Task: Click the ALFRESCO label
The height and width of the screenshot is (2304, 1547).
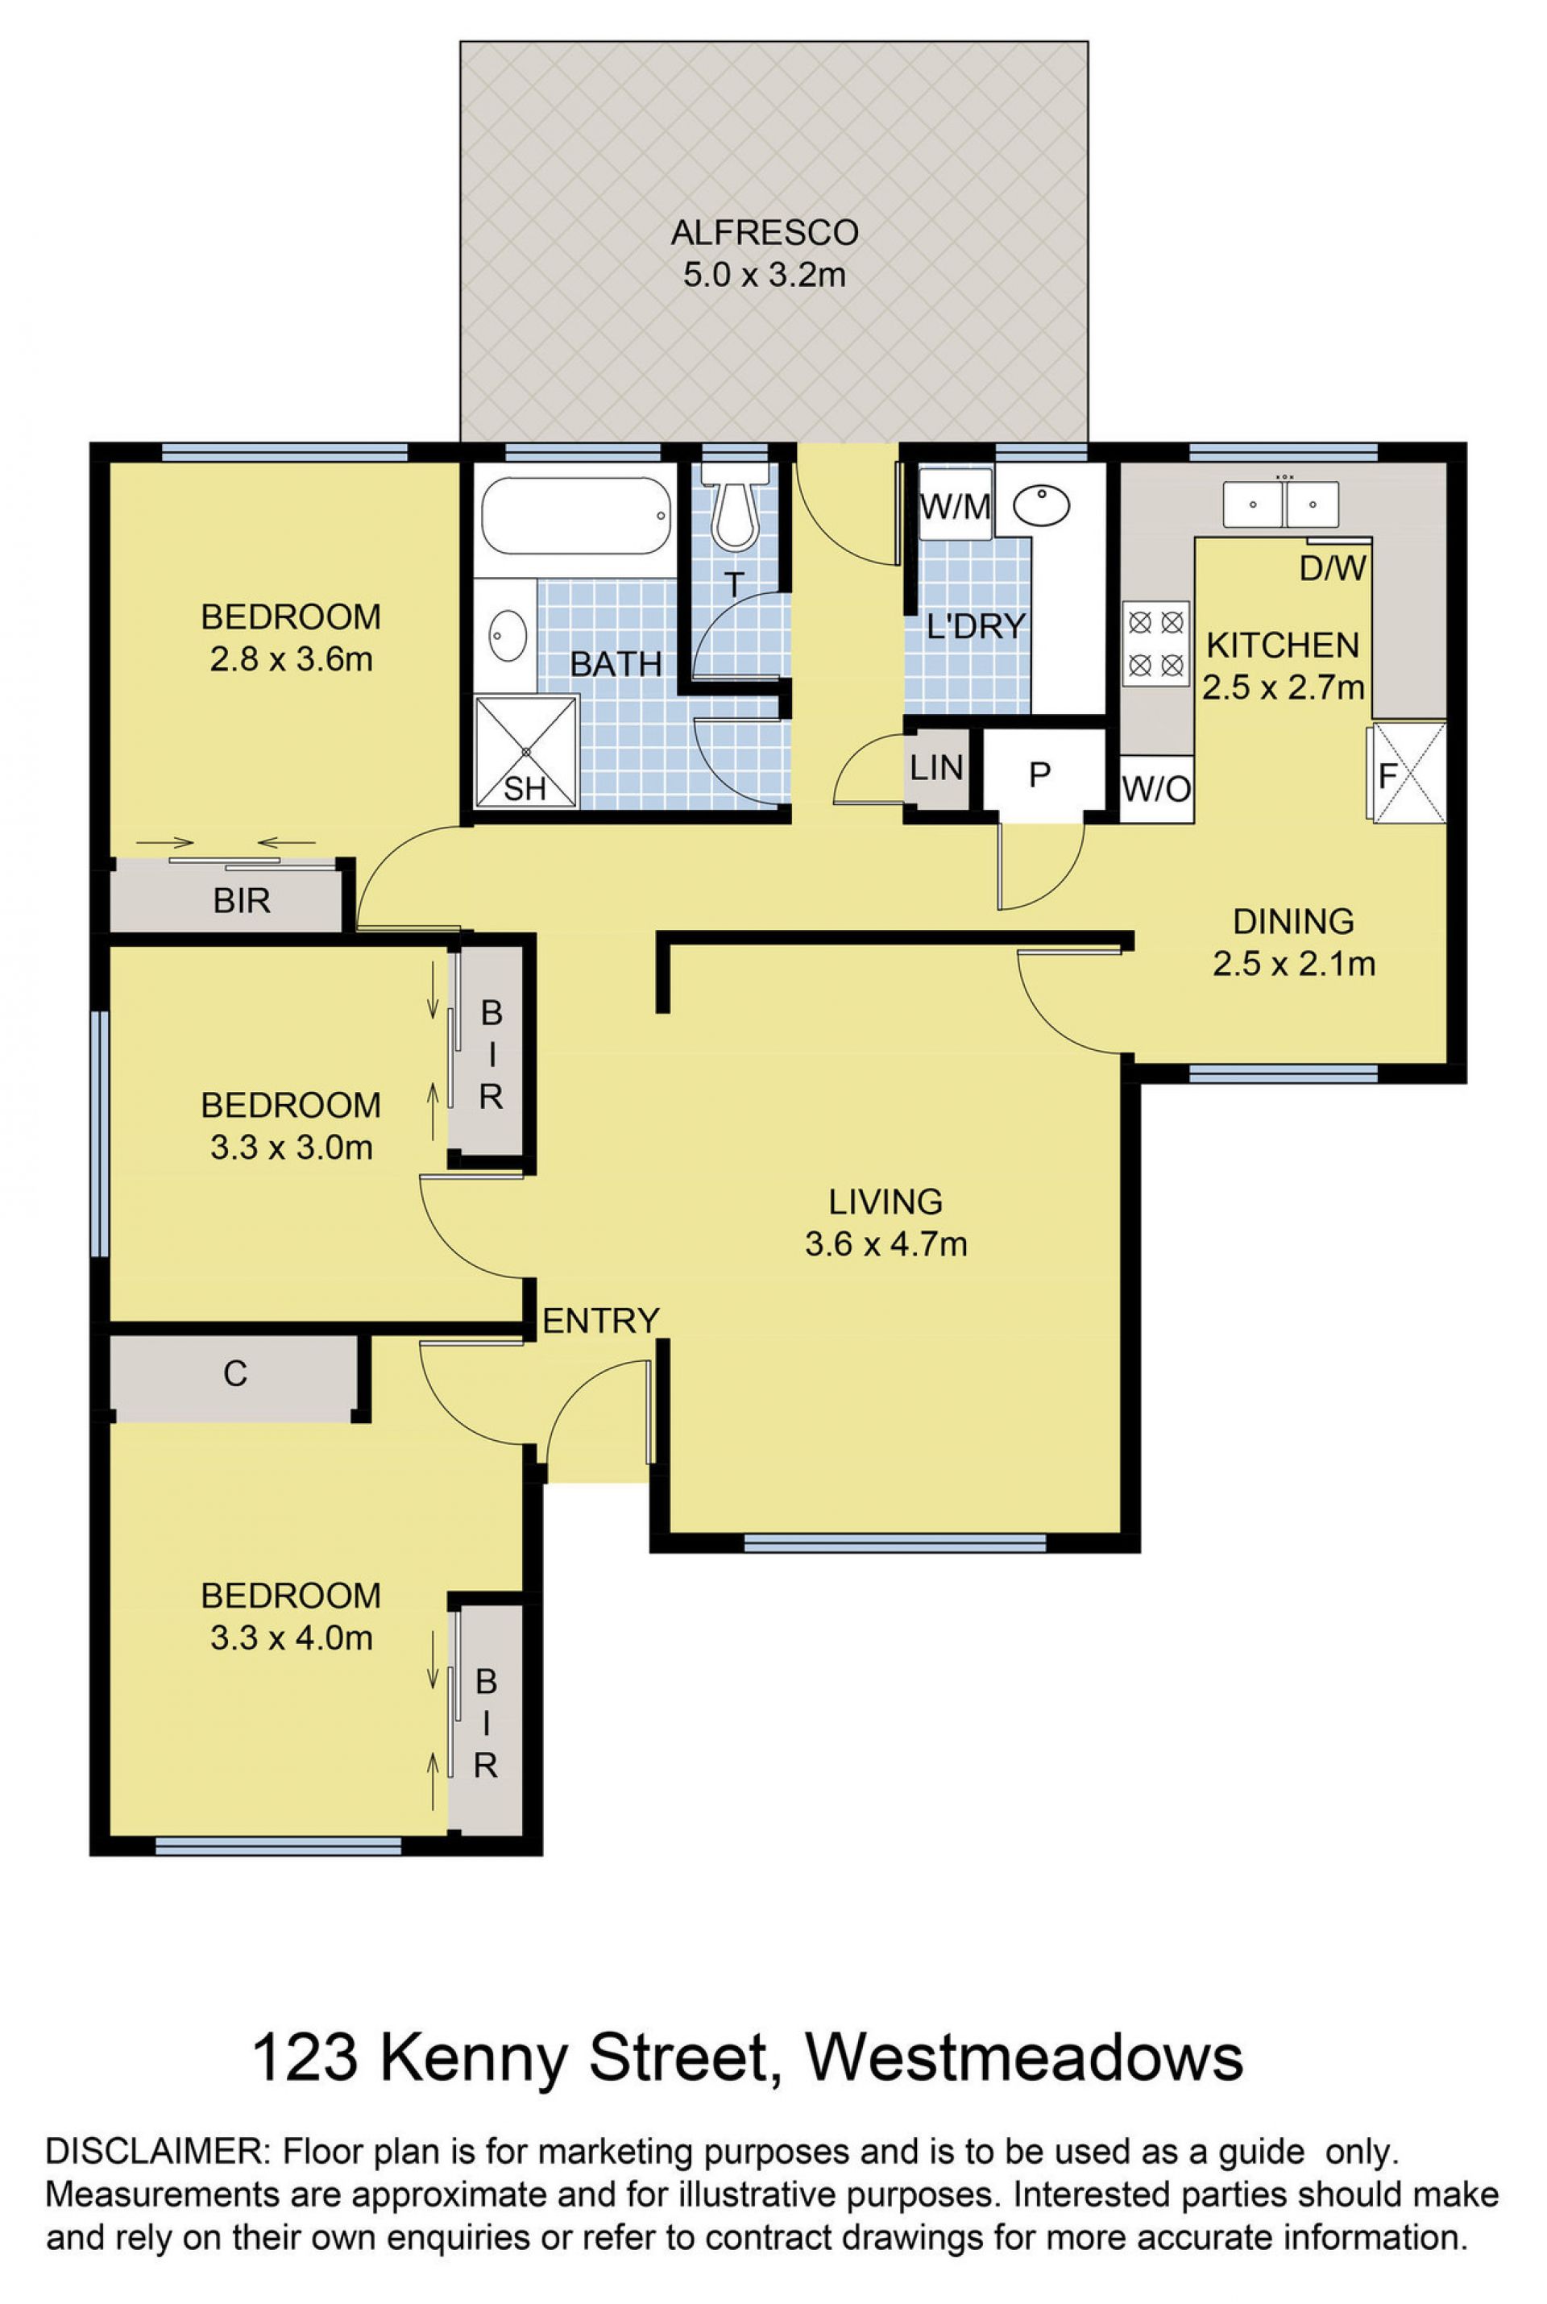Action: coord(765,233)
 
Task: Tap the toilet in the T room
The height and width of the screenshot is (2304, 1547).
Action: coord(734,507)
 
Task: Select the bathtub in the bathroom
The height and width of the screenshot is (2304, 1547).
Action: coord(576,516)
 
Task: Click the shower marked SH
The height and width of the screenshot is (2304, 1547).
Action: coord(526,752)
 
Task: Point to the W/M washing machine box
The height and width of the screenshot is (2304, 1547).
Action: coord(955,506)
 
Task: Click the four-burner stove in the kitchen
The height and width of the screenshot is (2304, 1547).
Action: coord(1156,643)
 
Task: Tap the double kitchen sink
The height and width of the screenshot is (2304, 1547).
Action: coord(1280,504)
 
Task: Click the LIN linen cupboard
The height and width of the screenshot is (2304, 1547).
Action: coord(936,769)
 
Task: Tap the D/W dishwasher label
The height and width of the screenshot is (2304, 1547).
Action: coord(1333,568)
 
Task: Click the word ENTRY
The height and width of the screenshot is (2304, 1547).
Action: coord(601,1320)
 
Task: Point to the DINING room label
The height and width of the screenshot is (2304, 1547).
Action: coord(1293,922)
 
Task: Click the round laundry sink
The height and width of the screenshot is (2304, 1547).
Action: coord(1042,507)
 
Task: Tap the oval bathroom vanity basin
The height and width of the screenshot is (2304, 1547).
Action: coord(508,637)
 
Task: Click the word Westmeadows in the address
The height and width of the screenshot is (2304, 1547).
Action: coord(1025,2058)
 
